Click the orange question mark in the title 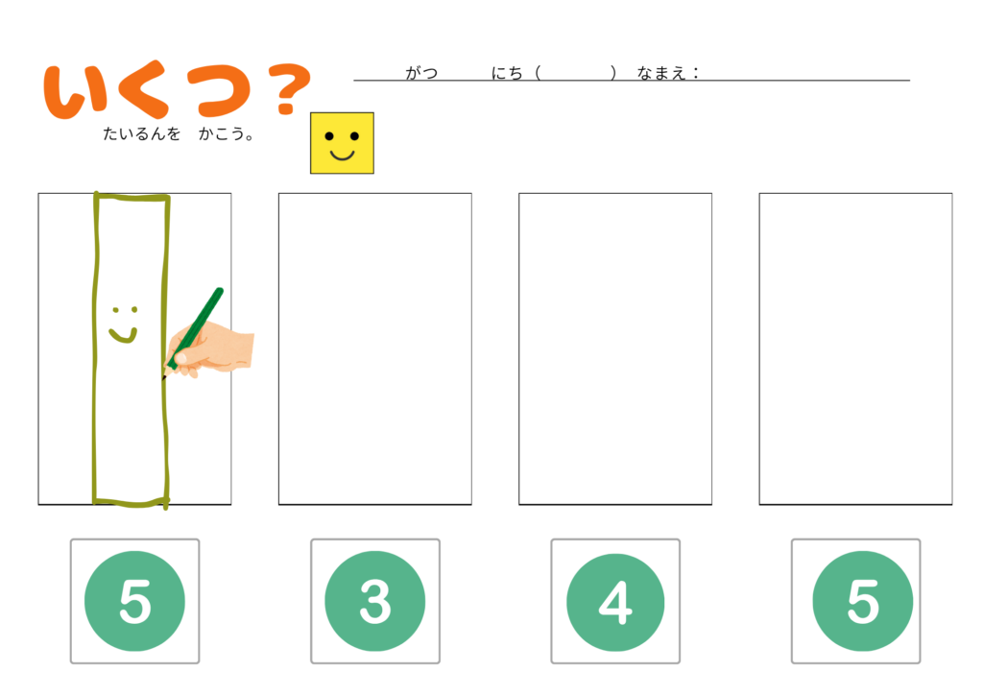pyautogui.click(x=289, y=89)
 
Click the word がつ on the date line pyautogui.click(x=421, y=73)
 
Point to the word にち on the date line pyautogui.click(x=507, y=73)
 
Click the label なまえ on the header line pyautogui.click(x=660, y=73)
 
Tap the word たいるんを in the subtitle pyautogui.click(x=142, y=133)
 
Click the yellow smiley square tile pyautogui.click(x=342, y=143)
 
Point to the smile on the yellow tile pyautogui.click(x=343, y=155)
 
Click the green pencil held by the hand pyautogui.click(x=193, y=332)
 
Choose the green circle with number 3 pyautogui.click(x=375, y=601)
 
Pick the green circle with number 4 pyautogui.click(x=615, y=602)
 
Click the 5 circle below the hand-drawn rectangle pyautogui.click(x=134, y=601)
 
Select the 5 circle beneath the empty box pyautogui.click(x=863, y=601)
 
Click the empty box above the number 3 pyautogui.click(x=375, y=348)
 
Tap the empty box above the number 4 pyautogui.click(x=615, y=348)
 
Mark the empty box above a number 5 pyautogui.click(x=855, y=348)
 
